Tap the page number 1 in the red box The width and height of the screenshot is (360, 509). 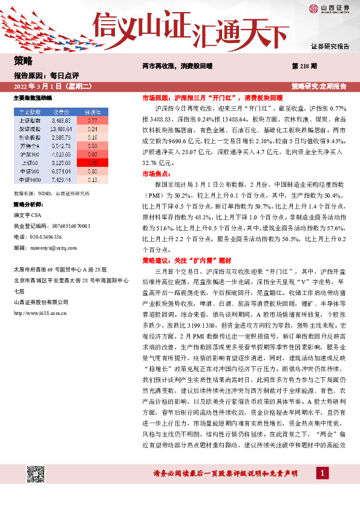tap(325, 473)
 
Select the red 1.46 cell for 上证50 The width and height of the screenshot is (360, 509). tap(93, 163)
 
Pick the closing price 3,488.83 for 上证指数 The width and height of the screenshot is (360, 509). tap(62, 120)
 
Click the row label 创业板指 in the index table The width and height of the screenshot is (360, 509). tap(27, 137)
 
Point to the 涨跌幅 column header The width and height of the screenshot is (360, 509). tap(93, 112)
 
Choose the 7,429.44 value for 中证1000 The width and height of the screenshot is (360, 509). tap(62, 180)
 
